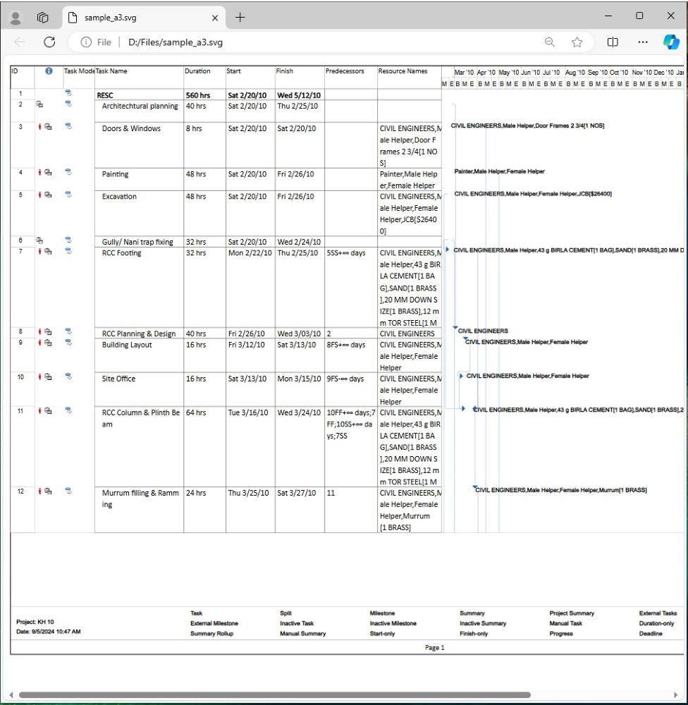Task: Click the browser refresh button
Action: click(49, 42)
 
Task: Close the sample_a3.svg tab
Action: click(215, 18)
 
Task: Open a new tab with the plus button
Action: click(240, 18)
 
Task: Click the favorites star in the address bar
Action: click(577, 42)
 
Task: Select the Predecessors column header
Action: click(344, 71)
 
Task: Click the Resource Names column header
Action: click(403, 71)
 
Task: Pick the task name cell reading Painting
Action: click(115, 174)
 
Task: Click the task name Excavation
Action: click(119, 197)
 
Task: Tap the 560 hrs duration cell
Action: click(198, 95)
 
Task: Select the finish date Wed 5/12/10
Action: click(299, 95)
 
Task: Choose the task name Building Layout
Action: click(127, 345)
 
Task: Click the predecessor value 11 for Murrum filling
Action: click(331, 493)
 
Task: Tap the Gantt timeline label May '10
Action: click(508, 73)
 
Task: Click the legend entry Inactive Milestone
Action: click(393, 624)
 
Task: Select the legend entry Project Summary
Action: click(572, 613)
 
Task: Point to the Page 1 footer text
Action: click(435, 648)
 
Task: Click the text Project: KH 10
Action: click(35, 622)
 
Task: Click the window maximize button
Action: click(639, 16)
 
